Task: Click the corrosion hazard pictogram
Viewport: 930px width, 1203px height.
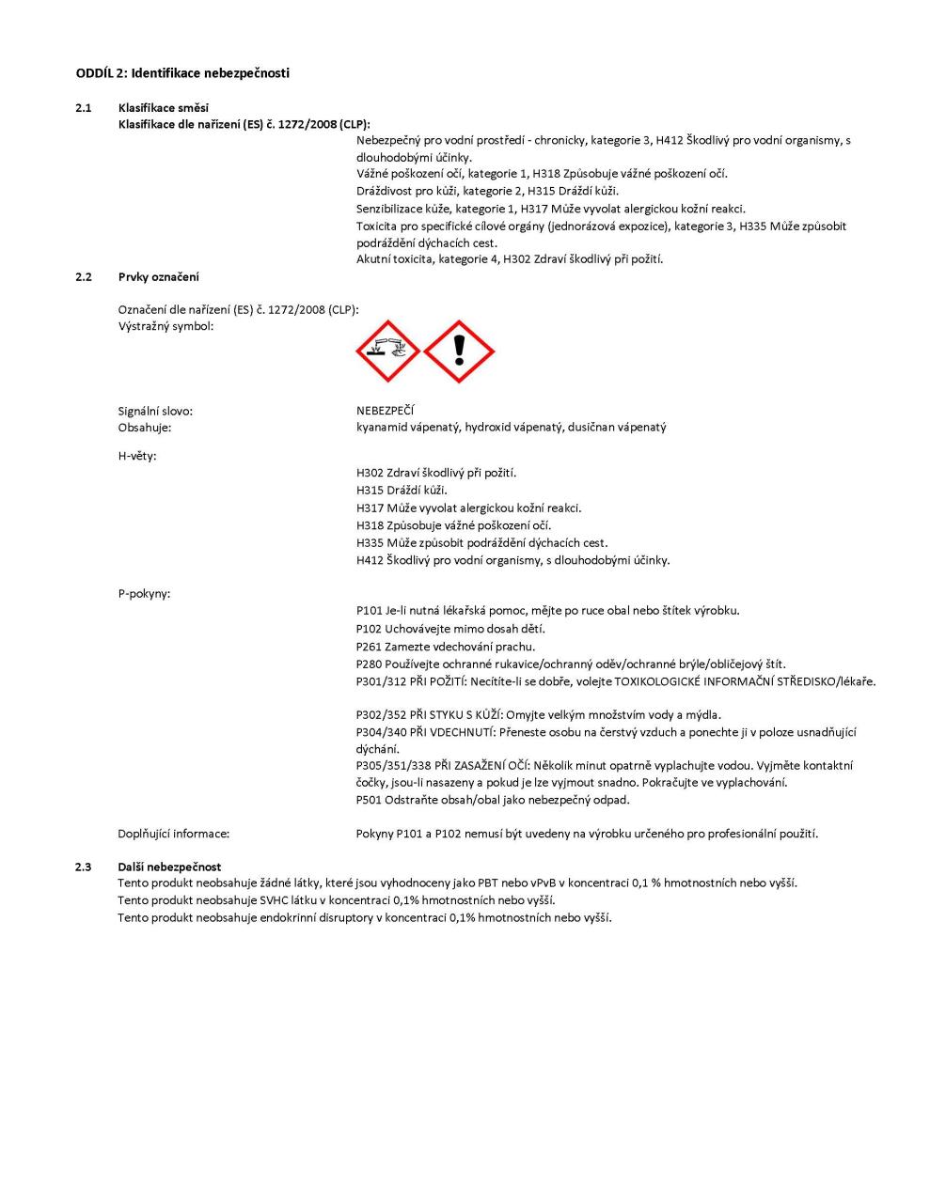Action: pyautogui.click(x=387, y=351)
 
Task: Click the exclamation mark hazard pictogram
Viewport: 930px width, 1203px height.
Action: pyautogui.click(x=459, y=351)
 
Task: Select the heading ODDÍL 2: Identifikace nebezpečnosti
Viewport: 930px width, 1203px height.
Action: pyautogui.click(x=182, y=72)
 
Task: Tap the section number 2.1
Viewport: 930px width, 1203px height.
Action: pyautogui.click(x=84, y=107)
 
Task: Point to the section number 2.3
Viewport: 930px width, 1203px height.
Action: pyautogui.click(x=84, y=867)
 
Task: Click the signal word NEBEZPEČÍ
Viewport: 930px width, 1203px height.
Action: pyautogui.click(x=386, y=411)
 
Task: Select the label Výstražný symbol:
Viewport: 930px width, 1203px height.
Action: pyautogui.click(x=166, y=326)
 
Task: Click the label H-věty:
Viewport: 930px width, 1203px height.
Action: pyautogui.click(x=137, y=456)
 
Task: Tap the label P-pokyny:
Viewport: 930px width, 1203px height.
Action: pyautogui.click(x=144, y=594)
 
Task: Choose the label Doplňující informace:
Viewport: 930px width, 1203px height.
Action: pyautogui.click(x=174, y=834)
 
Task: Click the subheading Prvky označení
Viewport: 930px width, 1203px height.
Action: pyautogui.click(x=158, y=276)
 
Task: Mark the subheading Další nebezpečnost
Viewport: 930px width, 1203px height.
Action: pyautogui.click(x=169, y=867)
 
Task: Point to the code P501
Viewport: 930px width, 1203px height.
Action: pyautogui.click(x=370, y=800)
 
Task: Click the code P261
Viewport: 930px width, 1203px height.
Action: pyautogui.click(x=370, y=647)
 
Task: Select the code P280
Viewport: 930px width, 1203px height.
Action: pyautogui.click(x=370, y=664)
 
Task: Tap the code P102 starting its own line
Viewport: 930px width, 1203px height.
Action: pyautogui.click(x=370, y=629)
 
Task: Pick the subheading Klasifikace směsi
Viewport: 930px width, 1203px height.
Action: pyautogui.click(x=164, y=107)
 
